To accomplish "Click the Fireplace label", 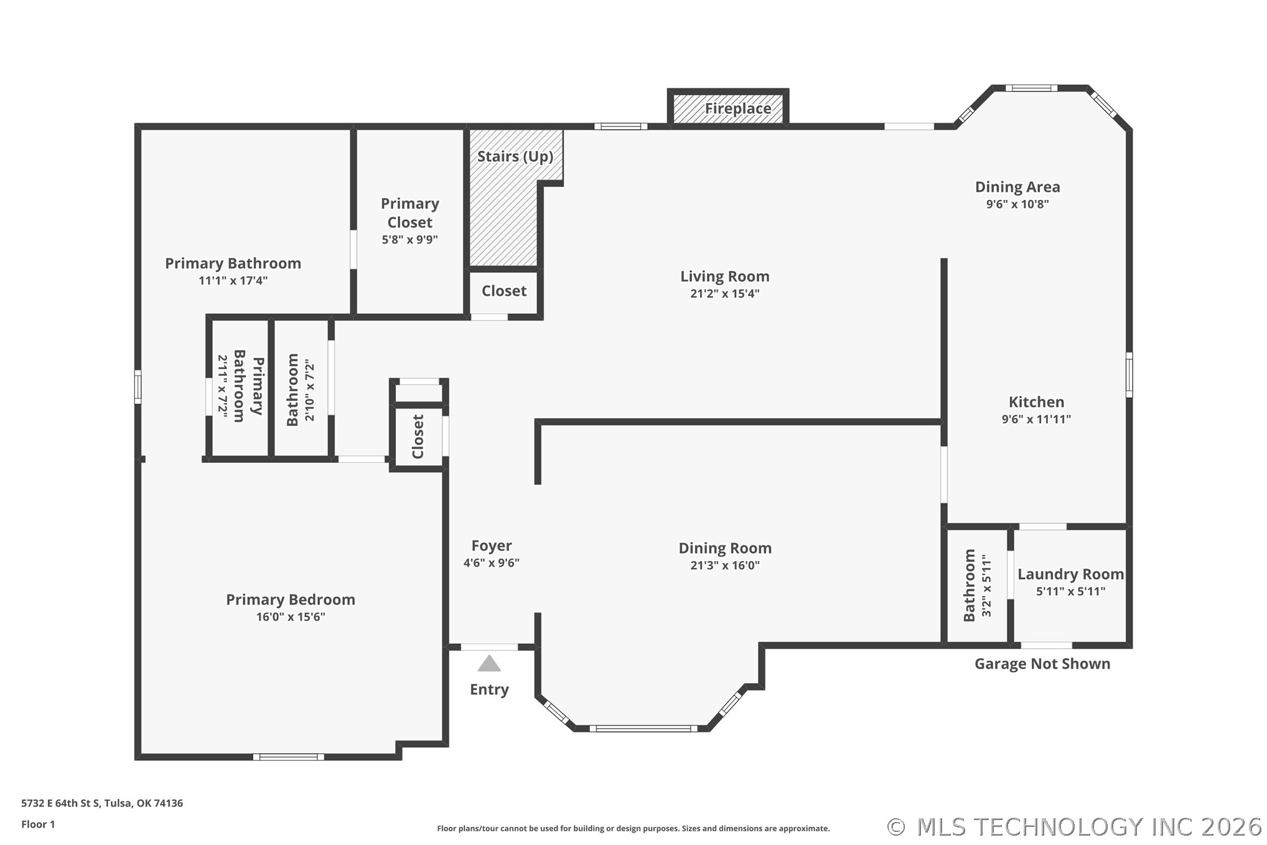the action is pyautogui.click(x=737, y=108).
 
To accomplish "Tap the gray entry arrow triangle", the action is pyautogui.click(x=489, y=663).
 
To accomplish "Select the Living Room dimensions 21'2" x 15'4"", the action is pyautogui.click(x=724, y=293).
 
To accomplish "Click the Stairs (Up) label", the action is pyautogui.click(x=515, y=156).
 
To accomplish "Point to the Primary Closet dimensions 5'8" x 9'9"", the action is pyautogui.click(x=409, y=240).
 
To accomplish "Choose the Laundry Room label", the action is pyautogui.click(x=1070, y=574).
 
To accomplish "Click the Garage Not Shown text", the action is pyautogui.click(x=1042, y=664).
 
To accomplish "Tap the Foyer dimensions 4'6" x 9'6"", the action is pyautogui.click(x=491, y=563).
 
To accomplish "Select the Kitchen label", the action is pyautogui.click(x=1036, y=402).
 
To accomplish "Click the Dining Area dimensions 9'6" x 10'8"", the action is pyautogui.click(x=1017, y=204).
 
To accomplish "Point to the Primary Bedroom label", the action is pyautogui.click(x=291, y=600).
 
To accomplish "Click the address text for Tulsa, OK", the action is pyautogui.click(x=102, y=803).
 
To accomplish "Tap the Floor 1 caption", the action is pyautogui.click(x=38, y=824).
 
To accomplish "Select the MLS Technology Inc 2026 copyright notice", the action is pyautogui.click(x=1074, y=827).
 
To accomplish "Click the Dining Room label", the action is pyautogui.click(x=725, y=549).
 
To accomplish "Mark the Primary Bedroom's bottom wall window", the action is pyautogui.click(x=288, y=757).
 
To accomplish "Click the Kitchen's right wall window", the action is pyautogui.click(x=1129, y=375).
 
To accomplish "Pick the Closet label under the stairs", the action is pyautogui.click(x=504, y=291).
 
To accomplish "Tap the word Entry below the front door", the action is pyautogui.click(x=489, y=689).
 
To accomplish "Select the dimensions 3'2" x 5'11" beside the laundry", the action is pyautogui.click(x=986, y=585).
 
